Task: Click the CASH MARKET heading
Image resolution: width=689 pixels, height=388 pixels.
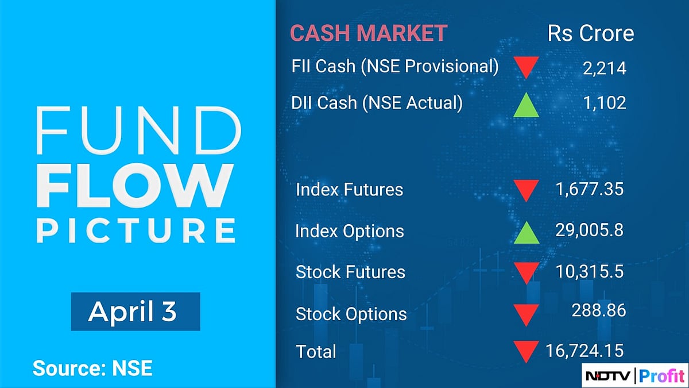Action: (x=368, y=33)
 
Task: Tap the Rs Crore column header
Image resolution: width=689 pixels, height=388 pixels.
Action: (x=591, y=33)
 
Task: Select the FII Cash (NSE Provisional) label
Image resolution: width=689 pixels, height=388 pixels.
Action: (x=395, y=67)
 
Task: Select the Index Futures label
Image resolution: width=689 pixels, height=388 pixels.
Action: (x=349, y=190)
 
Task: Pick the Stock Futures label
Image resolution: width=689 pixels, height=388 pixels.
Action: (x=350, y=272)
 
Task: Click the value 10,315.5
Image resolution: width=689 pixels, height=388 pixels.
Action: (x=588, y=271)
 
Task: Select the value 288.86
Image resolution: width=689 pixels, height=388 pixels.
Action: (x=598, y=311)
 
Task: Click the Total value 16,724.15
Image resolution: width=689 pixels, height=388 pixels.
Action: (x=582, y=349)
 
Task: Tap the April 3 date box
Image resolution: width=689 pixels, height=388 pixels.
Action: (x=136, y=312)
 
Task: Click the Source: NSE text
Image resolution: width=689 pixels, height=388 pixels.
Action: (x=92, y=368)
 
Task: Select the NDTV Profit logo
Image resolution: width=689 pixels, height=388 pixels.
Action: (x=634, y=376)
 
